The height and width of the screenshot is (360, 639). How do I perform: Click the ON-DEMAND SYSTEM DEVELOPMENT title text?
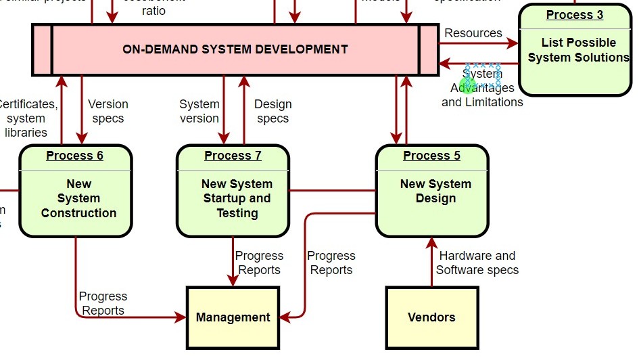235,49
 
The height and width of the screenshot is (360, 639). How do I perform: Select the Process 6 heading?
74,156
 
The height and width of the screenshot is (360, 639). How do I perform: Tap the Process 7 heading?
233,156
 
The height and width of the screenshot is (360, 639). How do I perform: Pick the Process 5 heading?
431,156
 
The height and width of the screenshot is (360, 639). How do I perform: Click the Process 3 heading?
575,15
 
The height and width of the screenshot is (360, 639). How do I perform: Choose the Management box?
233,317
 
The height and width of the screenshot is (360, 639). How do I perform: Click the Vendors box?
431,317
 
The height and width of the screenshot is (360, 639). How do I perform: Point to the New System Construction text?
78,198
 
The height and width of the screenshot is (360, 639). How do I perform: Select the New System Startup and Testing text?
237,198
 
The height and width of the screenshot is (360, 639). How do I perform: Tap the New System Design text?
435,192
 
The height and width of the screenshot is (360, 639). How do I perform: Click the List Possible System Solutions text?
578,50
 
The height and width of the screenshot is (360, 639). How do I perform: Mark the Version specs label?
108,111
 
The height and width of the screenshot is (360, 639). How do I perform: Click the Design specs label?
273,111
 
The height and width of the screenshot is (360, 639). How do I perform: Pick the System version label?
199,111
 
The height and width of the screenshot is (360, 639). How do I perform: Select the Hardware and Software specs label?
477,263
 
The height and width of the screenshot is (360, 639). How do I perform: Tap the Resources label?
473,33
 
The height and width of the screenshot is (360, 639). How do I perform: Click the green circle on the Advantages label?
468,85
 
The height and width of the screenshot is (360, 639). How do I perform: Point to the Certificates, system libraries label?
27,118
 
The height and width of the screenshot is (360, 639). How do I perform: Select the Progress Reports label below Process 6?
103,303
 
